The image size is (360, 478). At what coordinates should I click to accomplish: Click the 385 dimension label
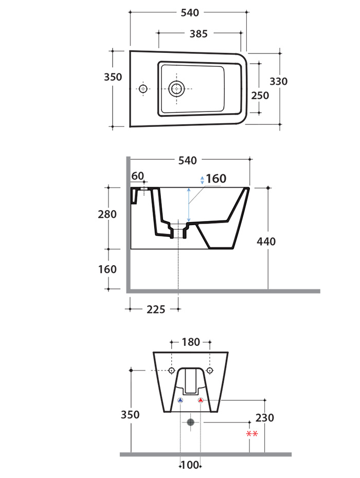199,33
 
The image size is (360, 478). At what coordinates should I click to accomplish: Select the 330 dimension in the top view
278,81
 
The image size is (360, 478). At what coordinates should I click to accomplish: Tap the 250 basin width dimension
260,96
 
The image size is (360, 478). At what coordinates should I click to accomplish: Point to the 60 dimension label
138,176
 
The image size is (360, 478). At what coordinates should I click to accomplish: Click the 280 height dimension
107,214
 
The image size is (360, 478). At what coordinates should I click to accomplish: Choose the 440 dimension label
266,242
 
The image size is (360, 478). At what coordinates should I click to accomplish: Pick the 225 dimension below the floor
156,309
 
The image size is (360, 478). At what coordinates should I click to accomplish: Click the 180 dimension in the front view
191,342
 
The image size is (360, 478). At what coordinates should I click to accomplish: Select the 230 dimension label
264,418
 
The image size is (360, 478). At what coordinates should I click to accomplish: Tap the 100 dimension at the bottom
190,465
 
